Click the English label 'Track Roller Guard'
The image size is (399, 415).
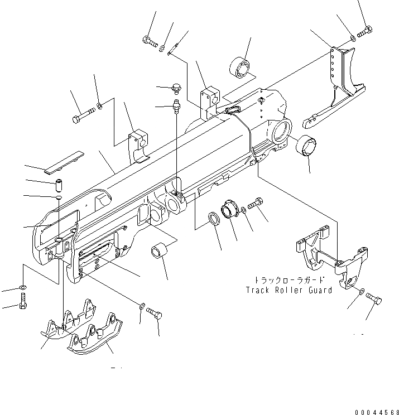coord(289,290)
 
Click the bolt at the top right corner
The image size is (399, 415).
coord(364,31)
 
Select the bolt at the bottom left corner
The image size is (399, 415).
coord(22,305)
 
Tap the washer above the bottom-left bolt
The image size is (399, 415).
coord(22,287)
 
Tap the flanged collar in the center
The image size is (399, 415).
coord(230,211)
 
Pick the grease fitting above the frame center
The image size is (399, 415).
coord(176,105)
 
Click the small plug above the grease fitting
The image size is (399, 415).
coord(176,86)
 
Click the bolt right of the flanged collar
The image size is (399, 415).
coord(257,205)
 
